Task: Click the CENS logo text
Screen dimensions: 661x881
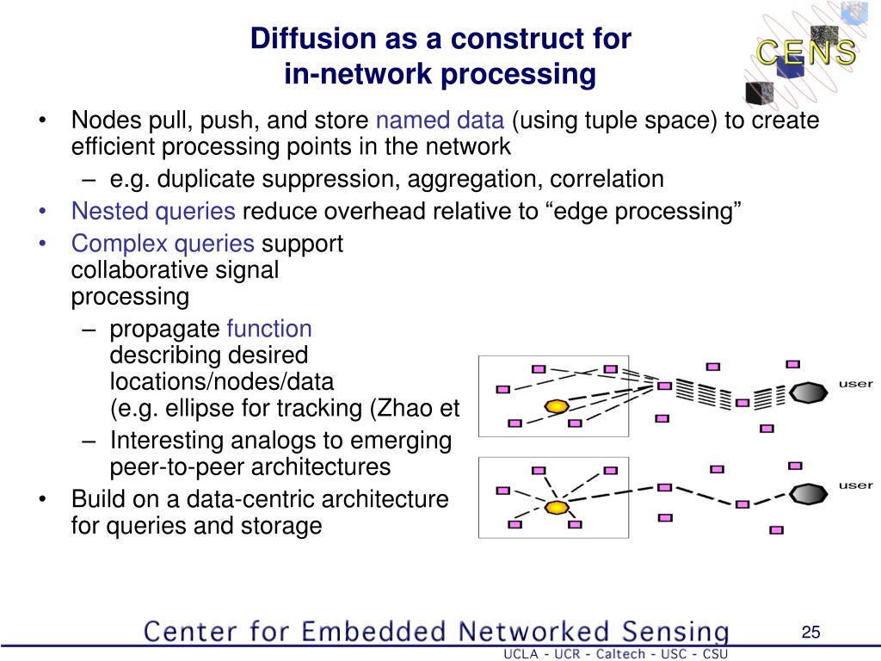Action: pyautogui.click(x=806, y=53)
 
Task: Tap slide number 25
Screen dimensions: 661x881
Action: pyautogui.click(x=810, y=633)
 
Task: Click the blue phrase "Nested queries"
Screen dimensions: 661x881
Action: pyautogui.click(x=153, y=211)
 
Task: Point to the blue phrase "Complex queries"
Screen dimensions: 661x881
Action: pyautogui.click(x=163, y=244)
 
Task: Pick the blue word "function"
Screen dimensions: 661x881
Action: pyautogui.click(x=268, y=329)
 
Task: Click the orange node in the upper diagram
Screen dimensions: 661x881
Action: pyautogui.click(x=557, y=405)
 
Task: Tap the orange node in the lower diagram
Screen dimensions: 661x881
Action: pyautogui.click(x=557, y=507)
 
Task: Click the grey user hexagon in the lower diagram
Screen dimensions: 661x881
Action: pyautogui.click(x=807, y=494)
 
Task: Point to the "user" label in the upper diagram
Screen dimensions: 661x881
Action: pyautogui.click(x=855, y=384)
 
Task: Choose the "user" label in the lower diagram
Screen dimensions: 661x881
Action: pyautogui.click(x=855, y=485)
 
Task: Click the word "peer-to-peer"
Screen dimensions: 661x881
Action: pyautogui.click(x=178, y=467)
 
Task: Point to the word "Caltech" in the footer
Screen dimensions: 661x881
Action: pyautogui.click(x=614, y=654)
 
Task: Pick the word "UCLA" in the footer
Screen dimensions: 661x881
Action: pyautogui.click(x=521, y=654)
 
